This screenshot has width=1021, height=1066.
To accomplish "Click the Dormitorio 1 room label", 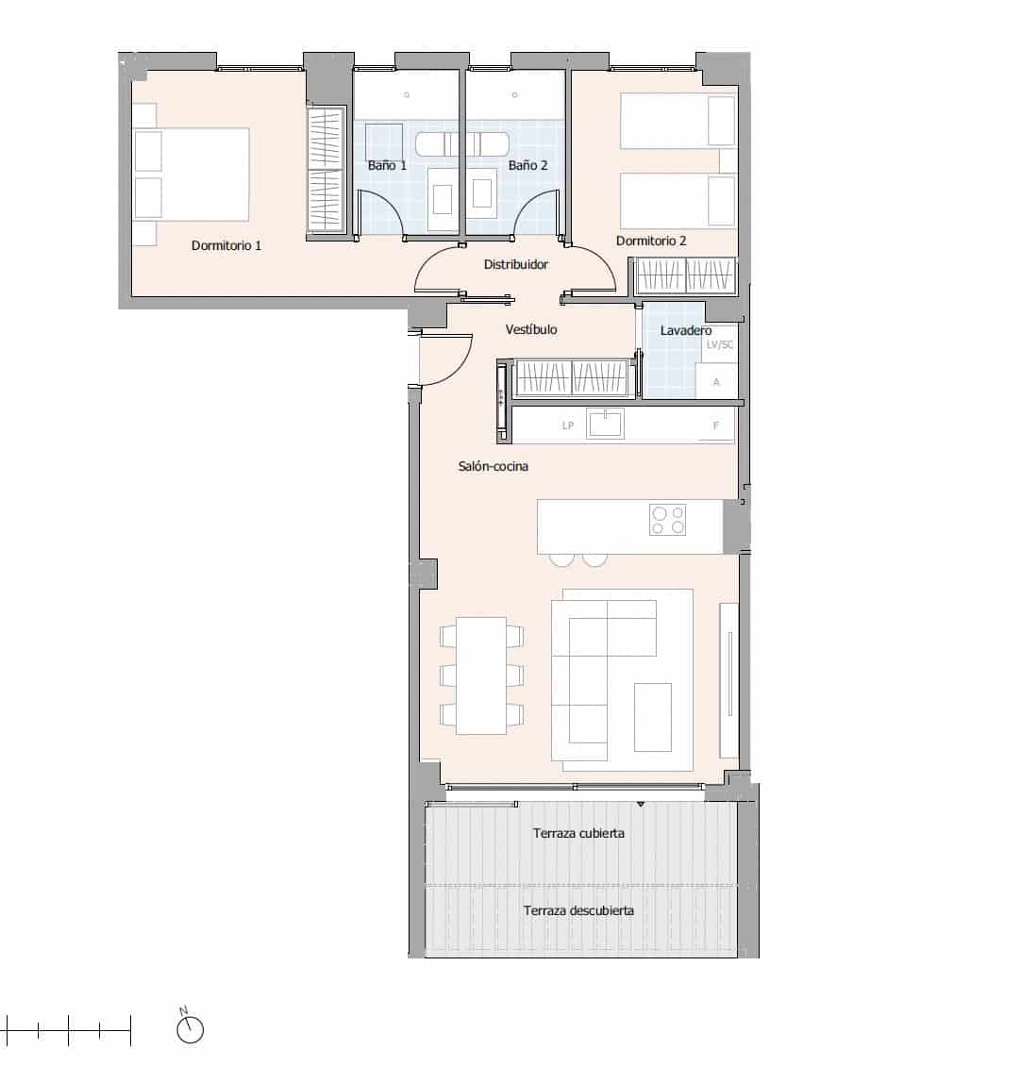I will pos(226,245).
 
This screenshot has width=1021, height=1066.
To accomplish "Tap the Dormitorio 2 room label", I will pos(651,241).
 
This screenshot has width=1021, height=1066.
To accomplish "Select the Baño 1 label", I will pos(387,165).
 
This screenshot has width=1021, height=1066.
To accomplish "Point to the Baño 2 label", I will pos(527,165).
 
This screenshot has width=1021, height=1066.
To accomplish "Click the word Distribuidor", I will pos(515,265).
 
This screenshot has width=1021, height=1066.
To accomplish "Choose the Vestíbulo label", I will pos(530,329).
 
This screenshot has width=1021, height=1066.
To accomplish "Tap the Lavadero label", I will pos(686,330).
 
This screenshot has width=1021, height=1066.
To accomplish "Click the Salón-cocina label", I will pos(493,466).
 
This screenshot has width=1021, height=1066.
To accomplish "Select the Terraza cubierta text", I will pos(577,833).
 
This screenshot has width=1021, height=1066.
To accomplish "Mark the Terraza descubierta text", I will pos(577,910).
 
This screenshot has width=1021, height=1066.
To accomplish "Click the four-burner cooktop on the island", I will pos(667,520).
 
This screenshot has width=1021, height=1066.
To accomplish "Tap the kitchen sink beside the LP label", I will pos(605,424).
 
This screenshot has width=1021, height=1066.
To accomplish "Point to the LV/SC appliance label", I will pos(719,345).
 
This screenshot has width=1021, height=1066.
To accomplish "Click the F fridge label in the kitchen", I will pos(716,425).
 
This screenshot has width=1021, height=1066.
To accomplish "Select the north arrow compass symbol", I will pos(190,1029).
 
